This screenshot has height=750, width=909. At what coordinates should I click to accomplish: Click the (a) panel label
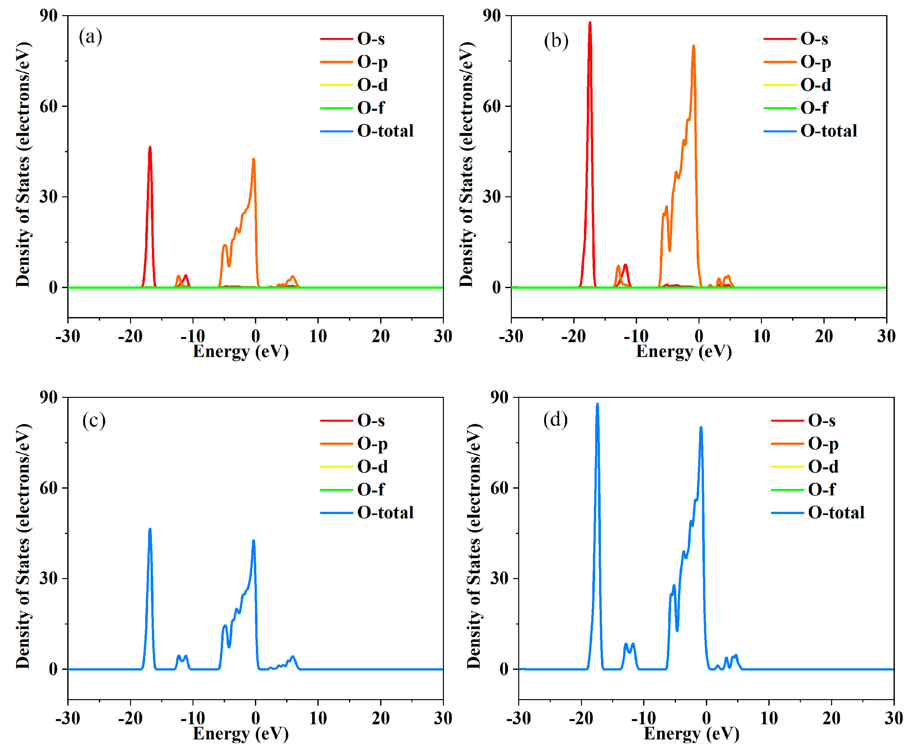90,37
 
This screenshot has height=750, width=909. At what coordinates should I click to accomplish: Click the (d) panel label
555,419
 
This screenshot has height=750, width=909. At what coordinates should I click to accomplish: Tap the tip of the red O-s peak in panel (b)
590,23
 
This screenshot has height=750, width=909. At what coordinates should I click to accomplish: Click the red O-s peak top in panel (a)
150,148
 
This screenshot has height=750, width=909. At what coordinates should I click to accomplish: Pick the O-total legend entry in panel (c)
385,513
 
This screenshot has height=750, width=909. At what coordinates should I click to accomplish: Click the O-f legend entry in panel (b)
814,108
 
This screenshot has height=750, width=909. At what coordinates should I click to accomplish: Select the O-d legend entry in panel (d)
823,467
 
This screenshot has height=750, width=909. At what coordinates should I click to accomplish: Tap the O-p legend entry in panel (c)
372,444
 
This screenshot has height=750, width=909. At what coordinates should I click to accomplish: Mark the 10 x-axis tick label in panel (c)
318,718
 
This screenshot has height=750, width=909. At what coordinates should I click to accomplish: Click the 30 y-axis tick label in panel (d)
500,578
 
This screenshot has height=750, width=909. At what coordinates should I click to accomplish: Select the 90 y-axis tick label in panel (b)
492,16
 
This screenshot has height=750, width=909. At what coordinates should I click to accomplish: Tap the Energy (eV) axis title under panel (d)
691,734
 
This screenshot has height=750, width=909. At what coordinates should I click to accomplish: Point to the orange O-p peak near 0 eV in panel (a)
254,159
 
